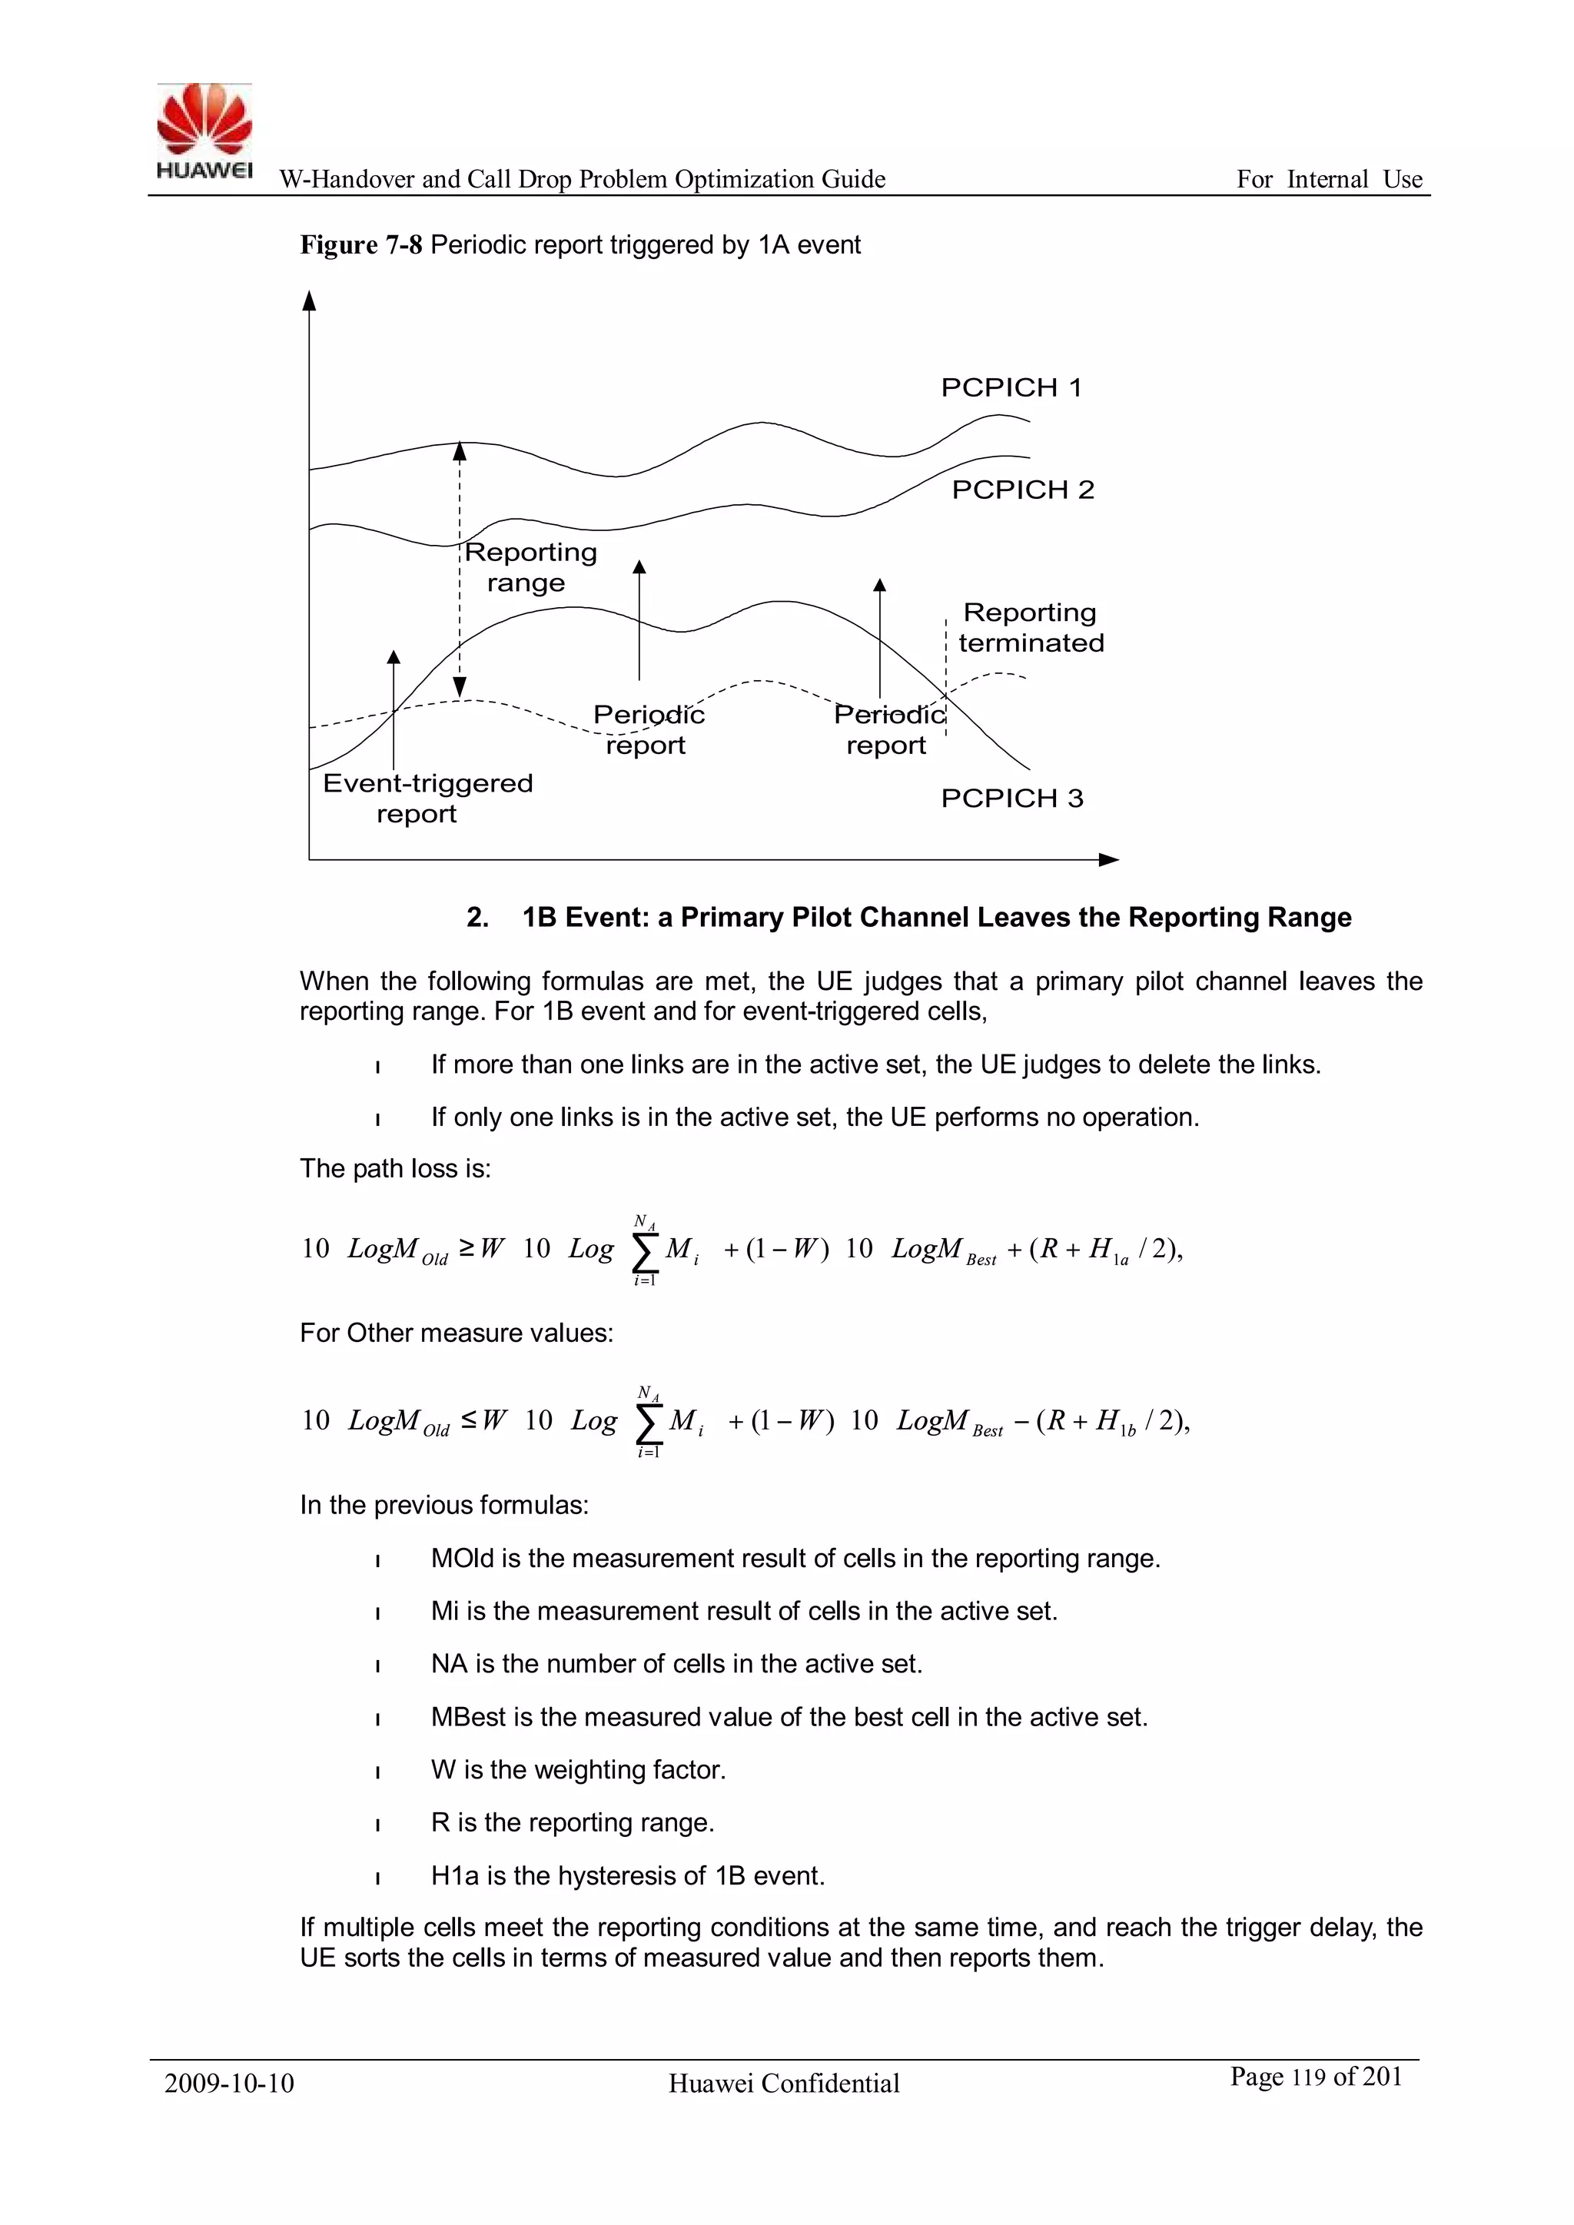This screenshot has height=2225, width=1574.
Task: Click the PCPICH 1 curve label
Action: (x=1011, y=387)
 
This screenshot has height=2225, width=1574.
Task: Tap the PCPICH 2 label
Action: (x=1022, y=490)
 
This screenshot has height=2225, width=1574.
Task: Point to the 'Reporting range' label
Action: (x=530, y=567)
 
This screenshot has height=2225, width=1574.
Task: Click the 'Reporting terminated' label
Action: (x=1031, y=628)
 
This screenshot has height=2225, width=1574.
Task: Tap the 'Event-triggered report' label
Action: (x=427, y=798)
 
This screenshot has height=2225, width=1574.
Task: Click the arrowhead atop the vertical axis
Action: (x=309, y=301)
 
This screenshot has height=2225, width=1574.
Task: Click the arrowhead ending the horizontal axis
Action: (x=1109, y=859)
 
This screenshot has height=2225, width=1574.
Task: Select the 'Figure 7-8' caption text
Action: (x=360, y=245)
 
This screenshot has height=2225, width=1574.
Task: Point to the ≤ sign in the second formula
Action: (x=469, y=1420)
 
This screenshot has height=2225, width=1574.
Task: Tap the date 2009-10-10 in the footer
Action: (x=230, y=2084)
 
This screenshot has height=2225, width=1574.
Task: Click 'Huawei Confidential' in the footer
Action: (x=784, y=2084)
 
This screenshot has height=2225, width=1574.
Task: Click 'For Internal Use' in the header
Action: (x=1329, y=179)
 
